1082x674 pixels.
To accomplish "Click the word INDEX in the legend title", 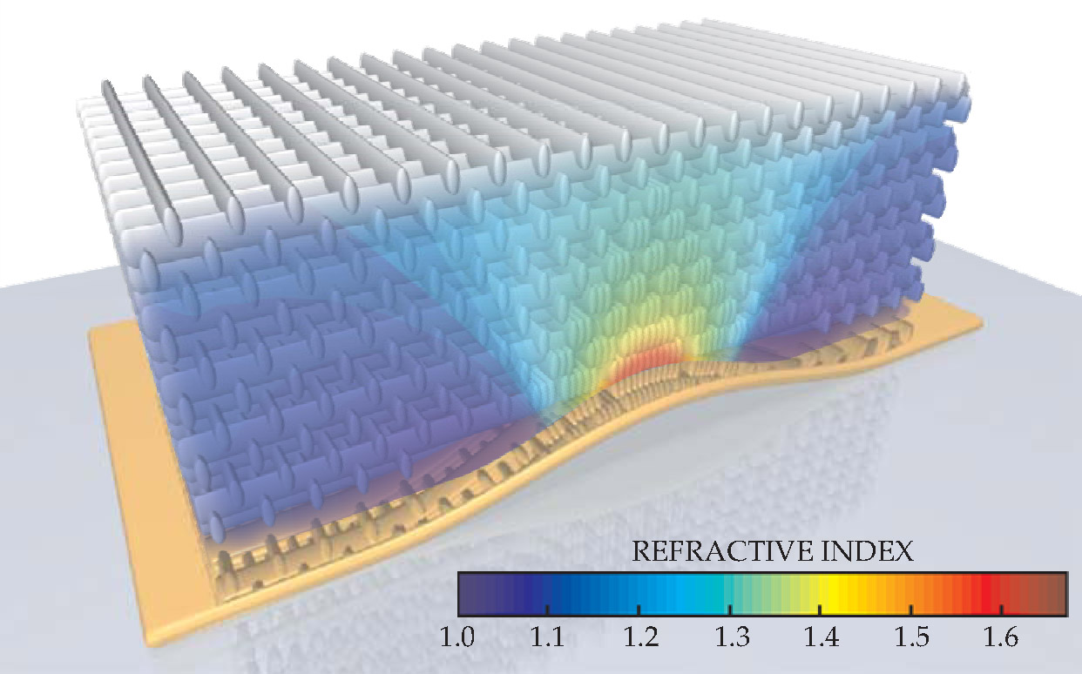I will pos(871,551).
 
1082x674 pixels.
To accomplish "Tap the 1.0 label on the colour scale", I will pos(456,639).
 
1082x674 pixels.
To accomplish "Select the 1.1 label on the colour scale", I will pos(547,639).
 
